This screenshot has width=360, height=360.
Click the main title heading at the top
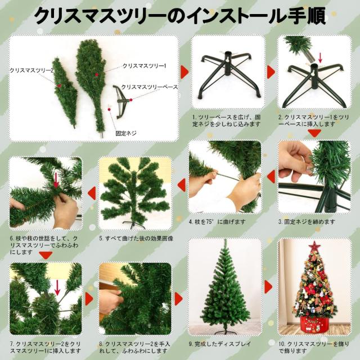pos(180,16)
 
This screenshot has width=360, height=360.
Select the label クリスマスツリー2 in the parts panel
pos(31,70)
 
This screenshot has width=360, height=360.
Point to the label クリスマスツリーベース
pos(150,87)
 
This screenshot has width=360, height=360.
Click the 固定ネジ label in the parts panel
pos(126,133)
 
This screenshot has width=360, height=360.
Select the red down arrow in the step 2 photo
pos(321,57)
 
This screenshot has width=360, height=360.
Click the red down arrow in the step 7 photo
pos(57,288)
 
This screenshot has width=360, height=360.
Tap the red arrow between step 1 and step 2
pos(270,71)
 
